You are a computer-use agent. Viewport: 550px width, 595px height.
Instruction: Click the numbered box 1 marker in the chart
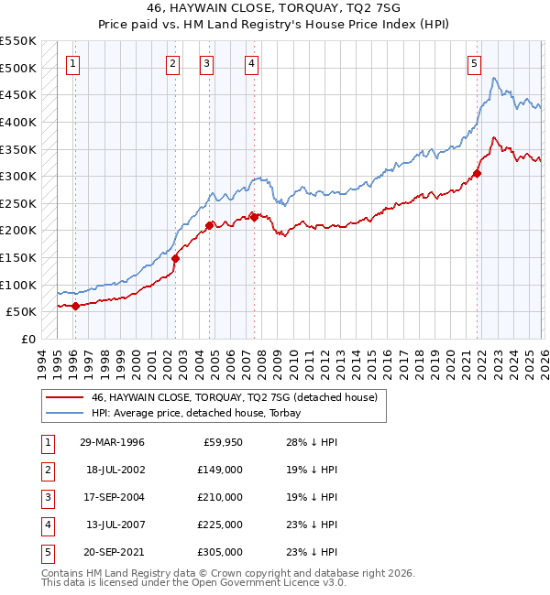pyautogui.click(x=72, y=63)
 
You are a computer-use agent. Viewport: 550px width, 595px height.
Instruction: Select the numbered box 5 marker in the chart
pyautogui.click(x=474, y=63)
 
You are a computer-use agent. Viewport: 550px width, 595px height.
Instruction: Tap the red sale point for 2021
pyautogui.click(x=478, y=173)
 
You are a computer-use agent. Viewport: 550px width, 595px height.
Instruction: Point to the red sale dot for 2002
pyautogui.click(x=175, y=258)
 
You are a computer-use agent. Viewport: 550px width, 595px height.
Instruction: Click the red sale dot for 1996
pyautogui.click(x=75, y=307)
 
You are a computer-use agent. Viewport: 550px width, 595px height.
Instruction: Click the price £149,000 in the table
pyautogui.click(x=220, y=469)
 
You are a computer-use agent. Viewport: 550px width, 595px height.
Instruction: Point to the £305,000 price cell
pyautogui.click(x=220, y=551)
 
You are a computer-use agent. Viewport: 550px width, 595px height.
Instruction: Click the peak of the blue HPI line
pyautogui.click(x=495, y=79)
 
